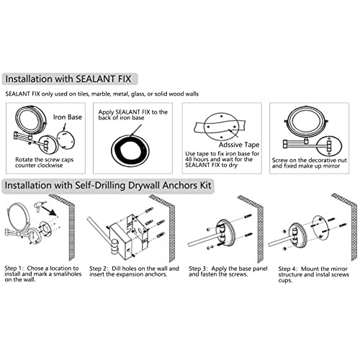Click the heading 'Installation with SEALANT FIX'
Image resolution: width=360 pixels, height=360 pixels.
click(68, 79)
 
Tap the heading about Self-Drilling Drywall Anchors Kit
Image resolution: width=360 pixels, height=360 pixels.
click(108, 185)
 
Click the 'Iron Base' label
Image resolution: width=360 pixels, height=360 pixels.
click(68, 117)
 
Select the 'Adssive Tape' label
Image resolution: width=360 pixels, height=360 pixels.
click(239, 145)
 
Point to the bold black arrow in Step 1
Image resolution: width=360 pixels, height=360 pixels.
click(49, 210)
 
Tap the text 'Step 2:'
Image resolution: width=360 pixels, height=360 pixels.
click(99, 269)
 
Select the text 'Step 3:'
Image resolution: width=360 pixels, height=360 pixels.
click(198, 269)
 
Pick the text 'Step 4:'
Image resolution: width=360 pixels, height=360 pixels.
click(288, 269)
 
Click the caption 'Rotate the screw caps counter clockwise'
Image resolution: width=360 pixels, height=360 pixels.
click(45, 163)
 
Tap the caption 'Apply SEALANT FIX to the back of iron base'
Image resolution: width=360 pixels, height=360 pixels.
click(133, 114)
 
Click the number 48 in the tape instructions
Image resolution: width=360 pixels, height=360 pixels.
click(189, 159)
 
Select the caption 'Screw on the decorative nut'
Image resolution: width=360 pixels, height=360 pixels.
click(310, 160)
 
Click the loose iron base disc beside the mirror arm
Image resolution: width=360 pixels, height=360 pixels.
click(66, 139)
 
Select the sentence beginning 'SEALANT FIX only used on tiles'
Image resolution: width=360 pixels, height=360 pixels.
click(102, 94)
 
